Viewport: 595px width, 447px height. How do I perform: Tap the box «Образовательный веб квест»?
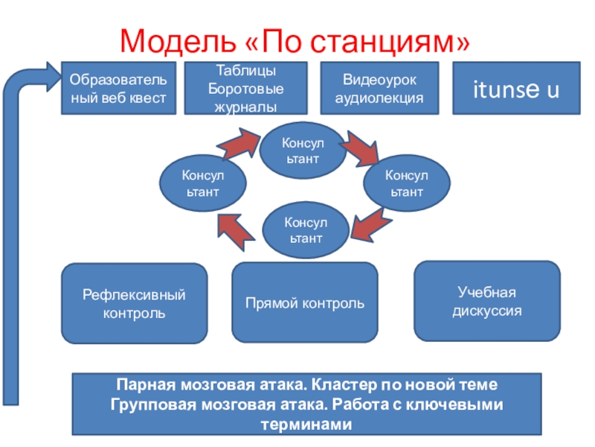click(x=118, y=88)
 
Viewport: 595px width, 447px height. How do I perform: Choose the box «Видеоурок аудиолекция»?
click(x=379, y=88)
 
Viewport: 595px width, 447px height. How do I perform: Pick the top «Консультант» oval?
click(x=302, y=150)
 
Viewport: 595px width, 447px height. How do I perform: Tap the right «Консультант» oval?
click(x=405, y=183)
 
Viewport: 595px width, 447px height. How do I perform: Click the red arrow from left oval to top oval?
click(x=238, y=145)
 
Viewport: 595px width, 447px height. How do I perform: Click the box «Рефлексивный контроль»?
click(x=134, y=303)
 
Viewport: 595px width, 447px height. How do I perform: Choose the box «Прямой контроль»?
click(x=305, y=303)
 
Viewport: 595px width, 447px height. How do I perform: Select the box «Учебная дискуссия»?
click(x=486, y=300)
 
